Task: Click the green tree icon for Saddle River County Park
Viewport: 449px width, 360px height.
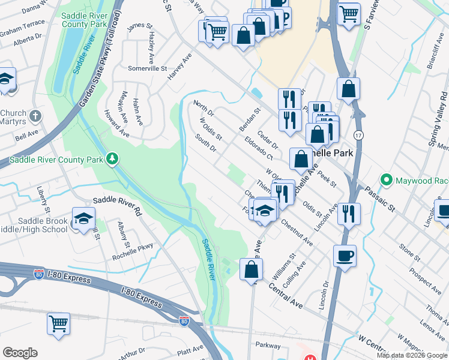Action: [112, 158]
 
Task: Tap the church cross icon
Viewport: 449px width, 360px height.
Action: [36, 115]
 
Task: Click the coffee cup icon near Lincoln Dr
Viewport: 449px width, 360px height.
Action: [345, 256]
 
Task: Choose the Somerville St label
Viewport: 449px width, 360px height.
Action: [146, 69]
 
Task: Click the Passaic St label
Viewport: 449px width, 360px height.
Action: [383, 200]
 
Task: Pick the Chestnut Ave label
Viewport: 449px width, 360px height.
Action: [297, 232]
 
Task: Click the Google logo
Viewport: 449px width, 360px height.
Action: [20, 353]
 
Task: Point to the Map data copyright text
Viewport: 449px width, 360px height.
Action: [412, 355]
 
